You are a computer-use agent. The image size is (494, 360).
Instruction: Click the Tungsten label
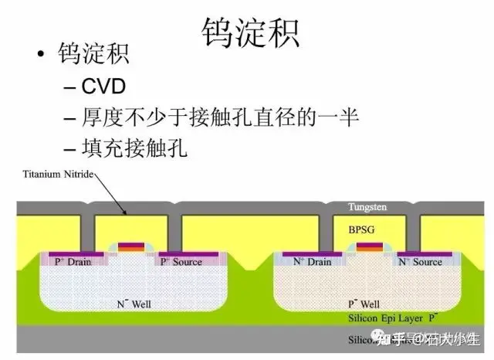click(x=367, y=208)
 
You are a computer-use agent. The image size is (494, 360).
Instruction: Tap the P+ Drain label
click(x=73, y=262)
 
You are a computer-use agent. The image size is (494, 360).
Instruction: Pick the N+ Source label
click(x=420, y=262)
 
